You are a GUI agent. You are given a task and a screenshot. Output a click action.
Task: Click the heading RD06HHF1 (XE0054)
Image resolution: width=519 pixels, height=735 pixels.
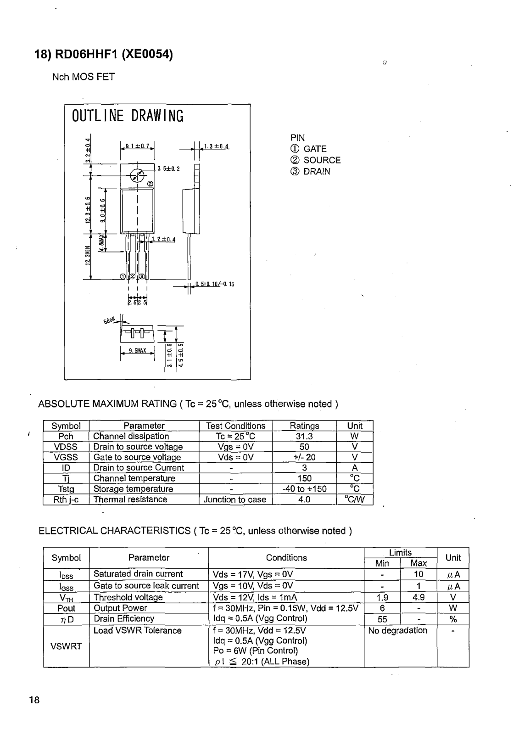104,55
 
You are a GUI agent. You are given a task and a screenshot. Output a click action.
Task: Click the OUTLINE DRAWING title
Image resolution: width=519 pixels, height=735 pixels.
128,116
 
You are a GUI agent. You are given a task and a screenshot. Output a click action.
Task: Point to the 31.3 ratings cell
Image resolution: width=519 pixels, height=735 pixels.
304,436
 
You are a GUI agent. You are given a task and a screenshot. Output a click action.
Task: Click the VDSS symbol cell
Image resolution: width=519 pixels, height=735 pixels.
66,447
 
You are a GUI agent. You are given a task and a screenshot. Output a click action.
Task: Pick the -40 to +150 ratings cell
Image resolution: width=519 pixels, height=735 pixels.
304,489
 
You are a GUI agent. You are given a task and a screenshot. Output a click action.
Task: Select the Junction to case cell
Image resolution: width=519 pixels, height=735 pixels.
235,499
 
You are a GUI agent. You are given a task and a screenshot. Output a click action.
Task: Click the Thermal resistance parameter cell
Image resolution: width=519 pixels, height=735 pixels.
130,499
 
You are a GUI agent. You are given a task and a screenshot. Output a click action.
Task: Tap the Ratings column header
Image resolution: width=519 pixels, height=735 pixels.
304,426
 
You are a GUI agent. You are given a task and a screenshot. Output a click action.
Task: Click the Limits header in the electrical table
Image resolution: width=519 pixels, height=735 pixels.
400,553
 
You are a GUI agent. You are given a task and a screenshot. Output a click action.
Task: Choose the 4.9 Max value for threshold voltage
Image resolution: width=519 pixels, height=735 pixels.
418,597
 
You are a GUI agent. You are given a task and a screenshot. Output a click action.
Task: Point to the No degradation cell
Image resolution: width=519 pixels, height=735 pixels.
398,630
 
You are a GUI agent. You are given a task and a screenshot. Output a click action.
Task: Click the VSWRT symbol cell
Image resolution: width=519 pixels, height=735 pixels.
66,646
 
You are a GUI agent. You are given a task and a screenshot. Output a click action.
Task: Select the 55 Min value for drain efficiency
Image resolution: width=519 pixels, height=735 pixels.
382,619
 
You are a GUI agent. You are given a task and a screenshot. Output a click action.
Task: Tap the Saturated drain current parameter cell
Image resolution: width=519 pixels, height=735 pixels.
138,574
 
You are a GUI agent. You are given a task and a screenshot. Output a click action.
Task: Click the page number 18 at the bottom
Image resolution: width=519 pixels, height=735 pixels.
34,700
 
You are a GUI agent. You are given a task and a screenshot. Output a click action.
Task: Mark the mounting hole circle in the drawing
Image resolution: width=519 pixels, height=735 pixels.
137,175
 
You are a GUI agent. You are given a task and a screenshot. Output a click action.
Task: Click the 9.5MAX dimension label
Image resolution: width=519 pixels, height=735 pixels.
137,351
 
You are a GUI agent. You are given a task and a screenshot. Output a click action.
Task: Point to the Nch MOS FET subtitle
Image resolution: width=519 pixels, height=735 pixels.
84,77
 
